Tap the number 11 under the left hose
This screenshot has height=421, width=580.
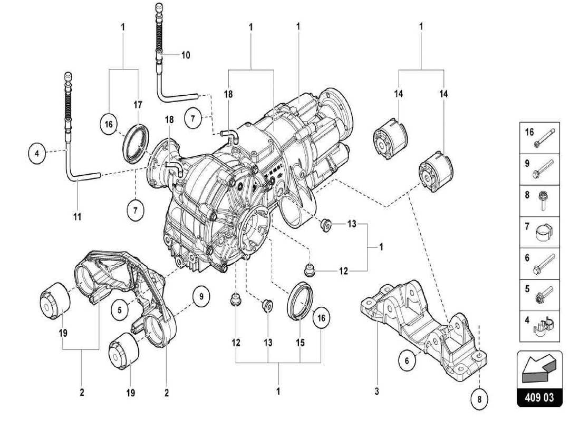[77, 216]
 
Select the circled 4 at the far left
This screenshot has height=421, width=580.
[36, 154]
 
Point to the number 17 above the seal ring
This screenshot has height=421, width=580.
[138, 105]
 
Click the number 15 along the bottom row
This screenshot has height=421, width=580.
[300, 343]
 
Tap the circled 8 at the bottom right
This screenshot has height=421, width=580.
[479, 399]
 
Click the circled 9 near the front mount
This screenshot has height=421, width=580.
[201, 297]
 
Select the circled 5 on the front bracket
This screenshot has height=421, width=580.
[120, 310]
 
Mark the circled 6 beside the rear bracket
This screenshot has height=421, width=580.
[407, 361]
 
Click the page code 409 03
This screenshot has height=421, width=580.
[540, 398]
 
